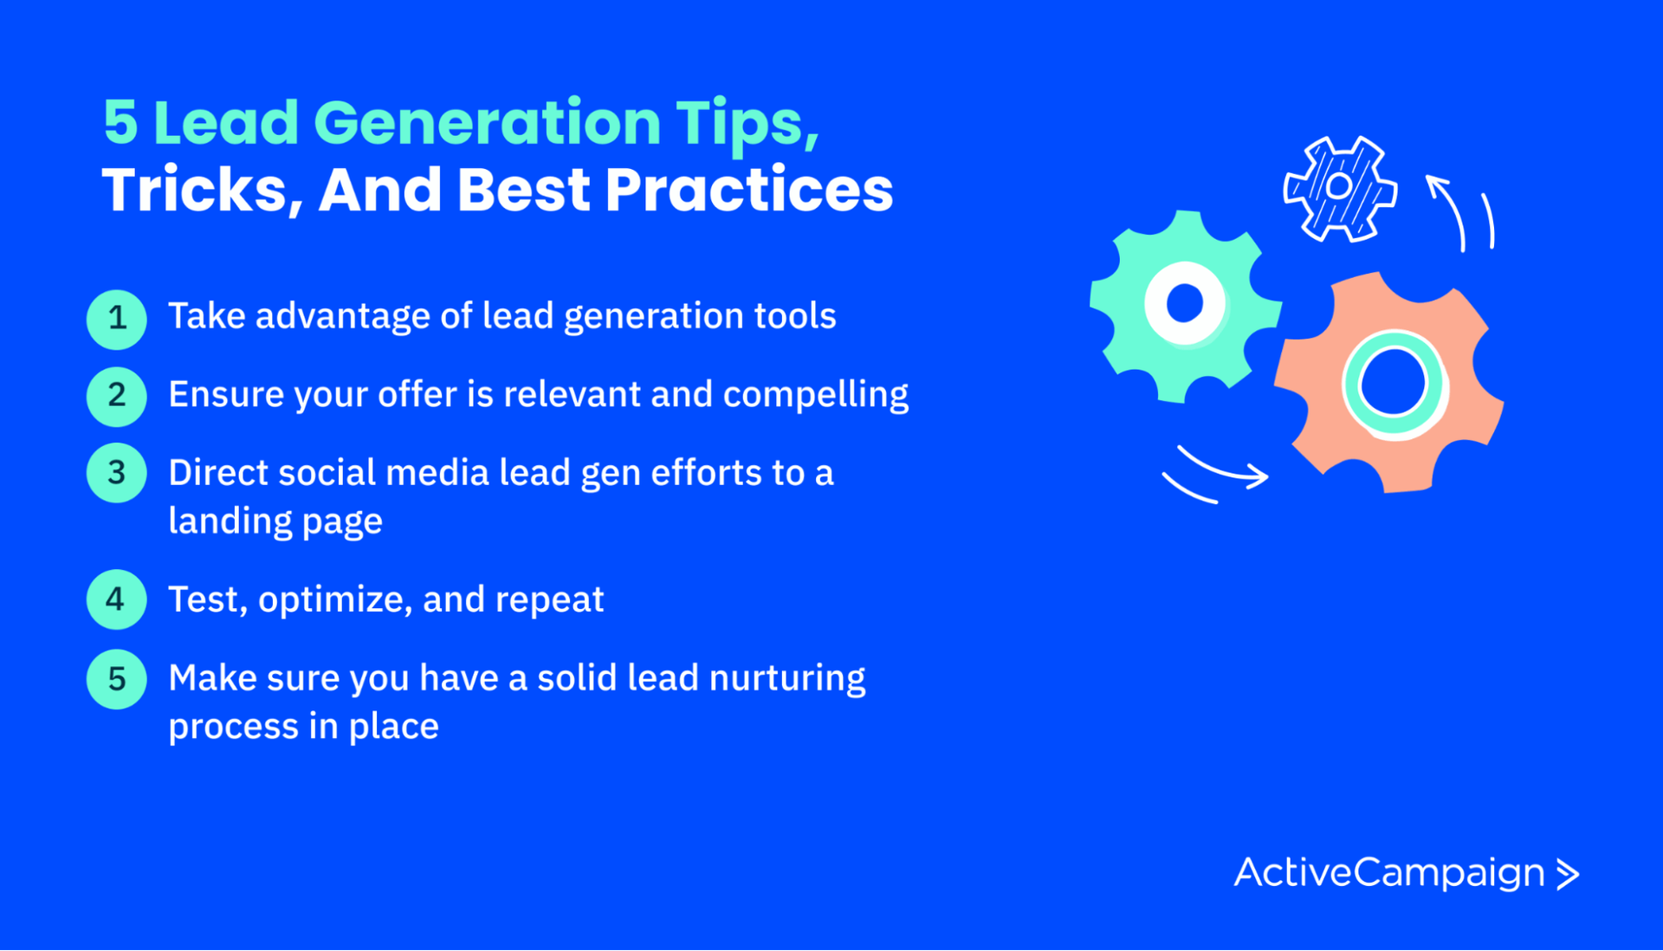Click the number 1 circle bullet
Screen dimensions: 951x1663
(x=117, y=319)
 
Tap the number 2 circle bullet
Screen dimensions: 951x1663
(x=117, y=396)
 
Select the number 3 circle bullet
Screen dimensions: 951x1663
(x=117, y=473)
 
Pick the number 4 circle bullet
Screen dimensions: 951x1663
(x=117, y=599)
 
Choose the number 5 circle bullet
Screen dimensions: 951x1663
(x=117, y=679)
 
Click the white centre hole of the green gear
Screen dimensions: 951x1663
(x=1184, y=304)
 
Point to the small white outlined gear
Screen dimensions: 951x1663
(x=1339, y=188)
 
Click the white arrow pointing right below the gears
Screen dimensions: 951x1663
(x=1221, y=469)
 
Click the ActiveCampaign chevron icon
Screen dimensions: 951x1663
(x=1568, y=874)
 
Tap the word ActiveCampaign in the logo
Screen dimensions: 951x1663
(x=1388, y=873)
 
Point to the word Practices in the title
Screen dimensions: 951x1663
(x=749, y=190)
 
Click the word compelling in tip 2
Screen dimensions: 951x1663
(x=815, y=395)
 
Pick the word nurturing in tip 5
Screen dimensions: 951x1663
(x=786, y=678)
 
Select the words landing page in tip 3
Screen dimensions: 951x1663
(x=275, y=521)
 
